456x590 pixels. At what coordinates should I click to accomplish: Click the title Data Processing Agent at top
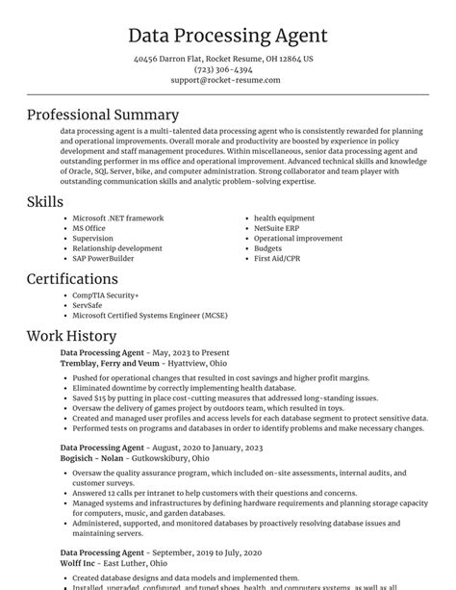click(227, 37)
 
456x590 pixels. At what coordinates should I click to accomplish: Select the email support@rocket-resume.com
click(227, 80)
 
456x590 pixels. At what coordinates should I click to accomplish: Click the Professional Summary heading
click(103, 115)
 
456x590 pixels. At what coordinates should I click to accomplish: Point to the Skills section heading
click(45, 201)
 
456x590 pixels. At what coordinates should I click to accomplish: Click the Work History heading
click(71, 336)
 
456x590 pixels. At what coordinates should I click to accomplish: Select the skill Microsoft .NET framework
click(118, 218)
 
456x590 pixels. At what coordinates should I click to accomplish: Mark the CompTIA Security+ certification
click(106, 295)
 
